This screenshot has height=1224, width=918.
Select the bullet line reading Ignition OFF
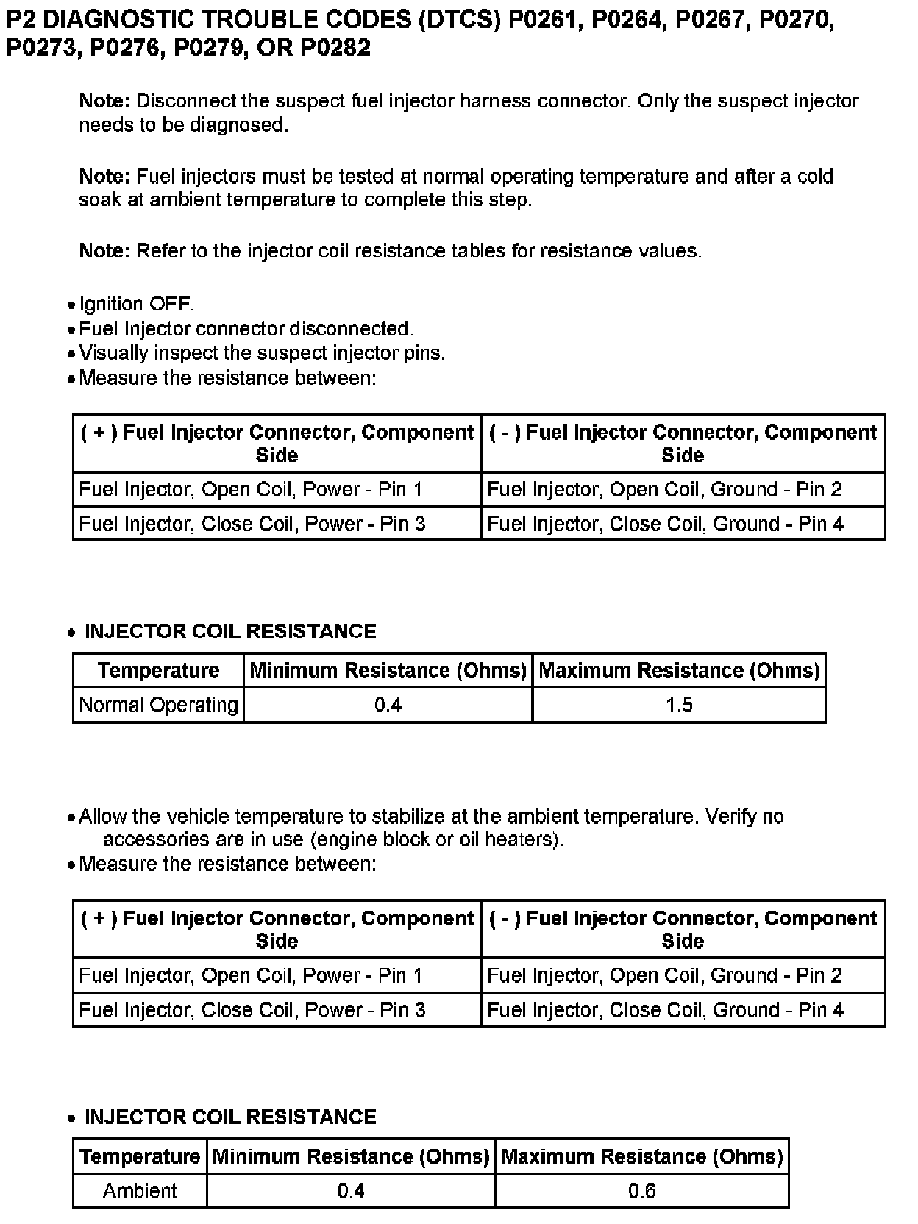pyautogui.click(x=137, y=304)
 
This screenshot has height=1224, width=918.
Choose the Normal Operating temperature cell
pyautogui.click(x=158, y=705)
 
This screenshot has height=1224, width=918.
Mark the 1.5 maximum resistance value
pyautogui.click(x=679, y=705)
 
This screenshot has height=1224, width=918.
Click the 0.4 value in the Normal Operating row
pyautogui.click(x=388, y=705)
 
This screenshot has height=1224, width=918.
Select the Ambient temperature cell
pyautogui.click(x=140, y=1190)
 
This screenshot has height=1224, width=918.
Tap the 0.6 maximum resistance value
pyautogui.click(x=642, y=1190)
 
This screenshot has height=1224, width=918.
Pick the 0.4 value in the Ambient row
pyautogui.click(x=351, y=1190)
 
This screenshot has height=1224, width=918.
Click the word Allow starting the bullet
pyautogui.click(x=101, y=816)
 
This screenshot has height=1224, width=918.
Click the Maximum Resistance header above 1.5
pyautogui.click(x=679, y=670)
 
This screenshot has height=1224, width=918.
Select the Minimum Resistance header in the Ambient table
pyautogui.click(x=351, y=1156)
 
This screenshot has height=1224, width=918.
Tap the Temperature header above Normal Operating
pyautogui.click(x=158, y=670)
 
